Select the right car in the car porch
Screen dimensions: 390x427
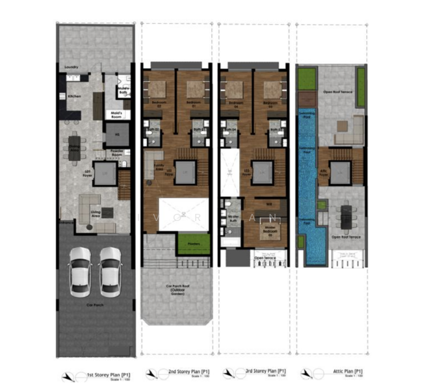click(x=110, y=272)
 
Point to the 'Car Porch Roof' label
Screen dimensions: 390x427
click(x=178, y=287)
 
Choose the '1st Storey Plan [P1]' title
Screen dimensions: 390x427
click(x=105, y=375)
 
